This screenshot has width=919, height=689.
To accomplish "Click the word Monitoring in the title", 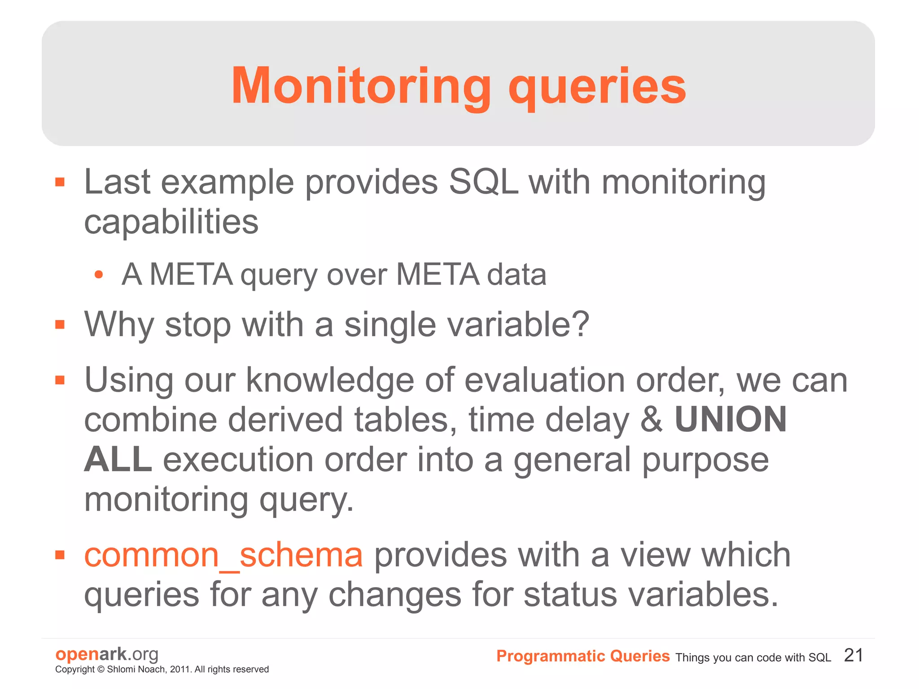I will coord(361,86).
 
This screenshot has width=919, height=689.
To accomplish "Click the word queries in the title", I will coord(597,88).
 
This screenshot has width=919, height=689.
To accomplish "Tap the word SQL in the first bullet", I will coord(483,182).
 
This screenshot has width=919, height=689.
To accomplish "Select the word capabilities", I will coord(171,222).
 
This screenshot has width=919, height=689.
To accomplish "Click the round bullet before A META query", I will coord(99,275).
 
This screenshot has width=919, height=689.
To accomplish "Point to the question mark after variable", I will coord(581,324).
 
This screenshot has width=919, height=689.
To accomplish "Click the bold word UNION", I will coord(731,419).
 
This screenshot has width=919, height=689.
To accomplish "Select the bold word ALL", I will coord(118,459).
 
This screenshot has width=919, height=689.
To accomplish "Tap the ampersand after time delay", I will coord(651,419).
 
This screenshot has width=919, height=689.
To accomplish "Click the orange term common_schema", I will coord(223,555).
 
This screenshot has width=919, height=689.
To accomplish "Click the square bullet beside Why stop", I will coord(60,324).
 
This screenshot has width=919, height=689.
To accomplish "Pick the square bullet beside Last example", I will coord(60,182).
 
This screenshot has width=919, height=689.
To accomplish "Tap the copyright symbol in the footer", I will coord(101,669).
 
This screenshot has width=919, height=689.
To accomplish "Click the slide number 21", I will coord(853,655).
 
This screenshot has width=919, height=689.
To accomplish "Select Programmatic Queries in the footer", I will coord(582,656).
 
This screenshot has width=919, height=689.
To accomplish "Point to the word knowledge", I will coord(329,380).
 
